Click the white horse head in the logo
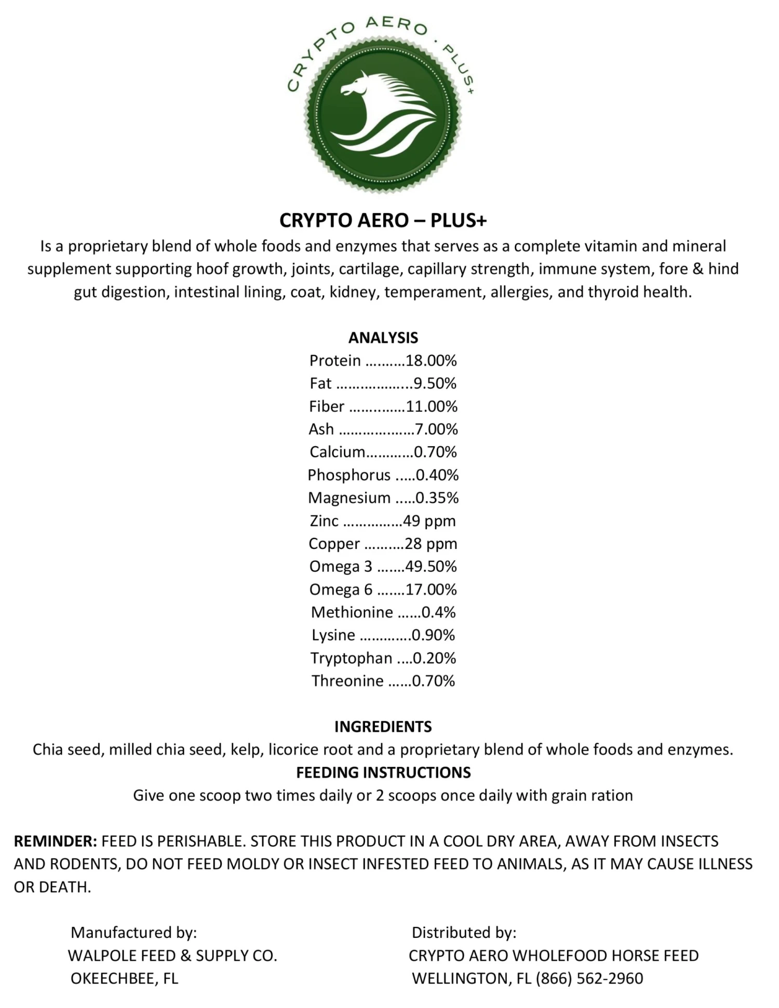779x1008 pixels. pyautogui.click(x=364, y=88)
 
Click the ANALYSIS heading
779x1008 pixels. pyautogui.click(x=383, y=338)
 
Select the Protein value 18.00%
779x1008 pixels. pyautogui.click(x=431, y=360)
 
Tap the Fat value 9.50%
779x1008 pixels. pyautogui.click(x=435, y=383)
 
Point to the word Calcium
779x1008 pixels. pyautogui.click(x=338, y=452)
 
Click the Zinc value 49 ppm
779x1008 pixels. pyautogui.click(x=429, y=521)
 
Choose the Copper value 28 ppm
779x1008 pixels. pyautogui.click(x=431, y=544)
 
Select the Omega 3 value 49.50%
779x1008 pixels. pyautogui.click(x=431, y=567)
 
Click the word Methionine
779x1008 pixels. pyautogui.click(x=352, y=612)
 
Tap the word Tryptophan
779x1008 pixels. pyautogui.click(x=352, y=658)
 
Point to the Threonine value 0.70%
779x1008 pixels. pyautogui.click(x=433, y=681)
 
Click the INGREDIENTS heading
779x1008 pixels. pyautogui.click(x=383, y=727)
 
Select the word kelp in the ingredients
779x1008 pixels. pyautogui.click(x=244, y=749)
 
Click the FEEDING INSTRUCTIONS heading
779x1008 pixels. pyautogui.click(x=383, y=772)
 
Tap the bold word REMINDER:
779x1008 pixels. pyautogui.click(x=55, y=841)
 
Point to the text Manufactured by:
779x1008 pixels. pyautogui.click(x=134, y=933)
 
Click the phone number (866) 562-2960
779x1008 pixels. pyautogui.click(x=589, y=978)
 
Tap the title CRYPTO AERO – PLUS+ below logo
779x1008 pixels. pyautogui.click(x=383, y=221)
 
